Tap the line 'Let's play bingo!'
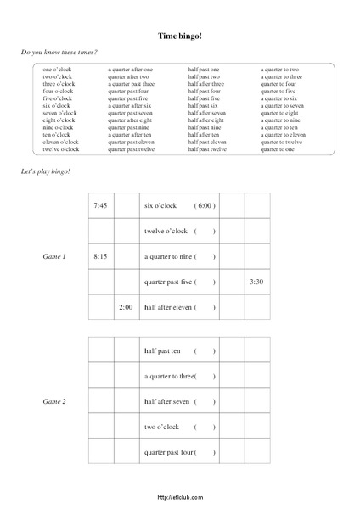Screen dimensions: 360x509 (x=46, y=171)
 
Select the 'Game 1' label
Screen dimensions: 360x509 (x=53, y=255)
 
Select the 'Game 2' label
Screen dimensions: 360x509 (x=53, y=399)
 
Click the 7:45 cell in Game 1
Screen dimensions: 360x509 (x=100, y=205)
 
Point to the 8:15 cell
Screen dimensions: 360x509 (x=100, y=255)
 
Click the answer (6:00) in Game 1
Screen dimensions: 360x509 (x=205, y=205)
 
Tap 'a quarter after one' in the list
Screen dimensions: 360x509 (x=130, y=69)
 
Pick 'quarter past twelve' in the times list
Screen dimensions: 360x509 (x=131, y=149)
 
